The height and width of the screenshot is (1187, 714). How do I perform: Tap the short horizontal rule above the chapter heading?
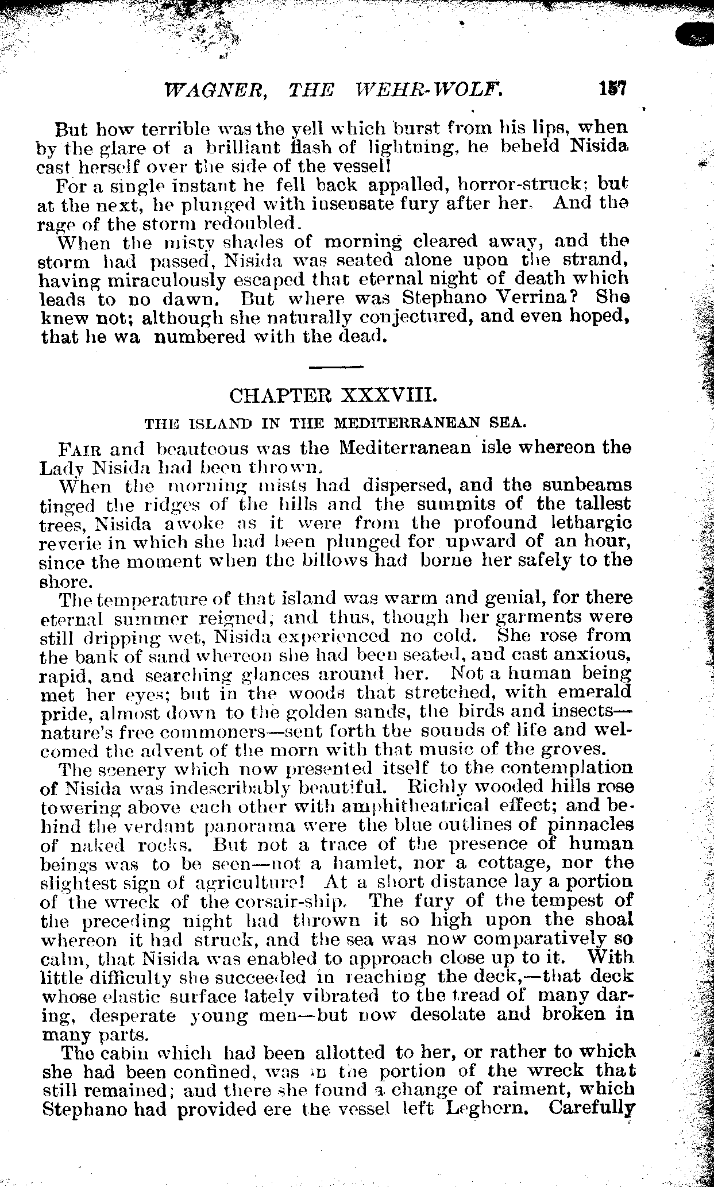pyautogui.click(x=336, y=366)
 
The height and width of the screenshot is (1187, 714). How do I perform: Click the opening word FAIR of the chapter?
pyautogui.click(x=75, y=448)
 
